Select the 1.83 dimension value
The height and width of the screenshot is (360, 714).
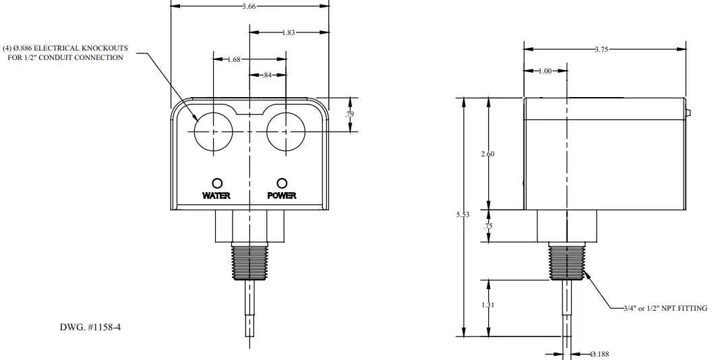coord(289,32)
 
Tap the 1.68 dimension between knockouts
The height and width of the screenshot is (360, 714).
coord(234,59)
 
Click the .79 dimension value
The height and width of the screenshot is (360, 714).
coord(349,115)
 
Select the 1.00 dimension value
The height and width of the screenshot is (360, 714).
coord(545,71)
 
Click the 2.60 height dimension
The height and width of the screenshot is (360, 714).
coord(487,154)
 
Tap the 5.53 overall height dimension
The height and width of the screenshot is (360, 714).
coord(463,215)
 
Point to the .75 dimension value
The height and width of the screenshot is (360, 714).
coord(487,227)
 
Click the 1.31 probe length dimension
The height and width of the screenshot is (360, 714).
coord(487,305)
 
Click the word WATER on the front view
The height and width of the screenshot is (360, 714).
coord(216,196)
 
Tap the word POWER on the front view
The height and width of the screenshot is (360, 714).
coord(282,196)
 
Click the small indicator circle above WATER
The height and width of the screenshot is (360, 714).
coord(217,183)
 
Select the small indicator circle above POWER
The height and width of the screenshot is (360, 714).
coord(282,183)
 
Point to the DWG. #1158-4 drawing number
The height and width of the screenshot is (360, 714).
coord(90,328)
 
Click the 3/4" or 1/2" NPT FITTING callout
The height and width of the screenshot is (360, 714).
coord(664,308)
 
